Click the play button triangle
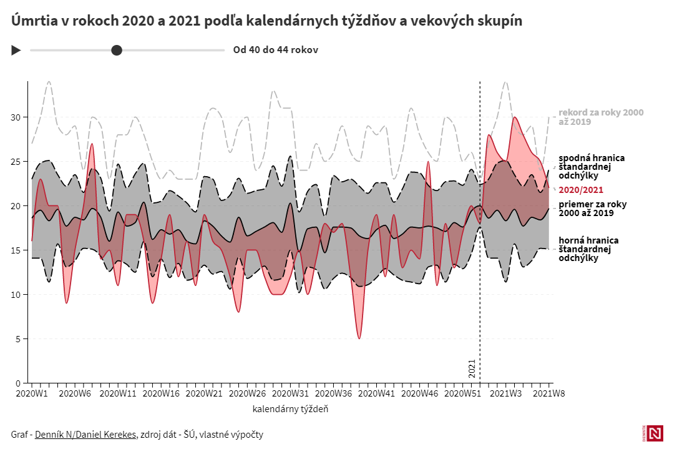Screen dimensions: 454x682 (16, 50)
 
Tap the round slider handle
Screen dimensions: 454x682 (117, 50)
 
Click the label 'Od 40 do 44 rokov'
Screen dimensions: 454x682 (275, 50)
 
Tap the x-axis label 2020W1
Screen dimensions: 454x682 (32, 393)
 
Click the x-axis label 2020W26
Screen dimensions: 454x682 (248, 393)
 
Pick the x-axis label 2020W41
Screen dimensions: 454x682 (378, 393)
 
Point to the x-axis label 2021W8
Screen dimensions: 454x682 (549, 393)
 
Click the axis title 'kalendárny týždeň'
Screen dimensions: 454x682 (290, 410)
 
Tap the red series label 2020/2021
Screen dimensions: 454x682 (581, 190)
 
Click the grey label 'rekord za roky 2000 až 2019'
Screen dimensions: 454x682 (600, 117)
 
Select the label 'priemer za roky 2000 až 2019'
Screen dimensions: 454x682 (593, 209)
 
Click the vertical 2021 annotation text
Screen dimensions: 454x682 (472, 368)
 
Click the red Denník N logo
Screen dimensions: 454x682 (655, 433)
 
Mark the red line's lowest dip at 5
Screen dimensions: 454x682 (359, 338)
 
